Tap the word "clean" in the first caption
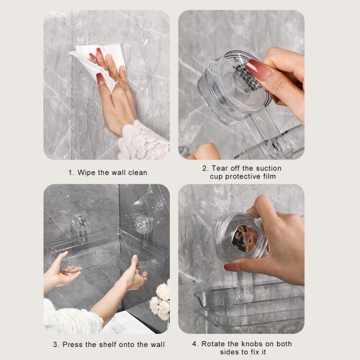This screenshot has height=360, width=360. [x=138, y=172]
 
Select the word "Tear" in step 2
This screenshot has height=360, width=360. [x=220, y=168]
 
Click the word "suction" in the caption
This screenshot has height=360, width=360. [x=269, y=168]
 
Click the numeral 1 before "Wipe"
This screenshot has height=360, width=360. [x=71, y=172]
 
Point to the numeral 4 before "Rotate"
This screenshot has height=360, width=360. [x=195, y=344]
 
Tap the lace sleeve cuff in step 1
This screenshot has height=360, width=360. [x=142, y=142]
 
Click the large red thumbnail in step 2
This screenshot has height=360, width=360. [x=257, y=69]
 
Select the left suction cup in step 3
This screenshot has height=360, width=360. [x=80, y=221]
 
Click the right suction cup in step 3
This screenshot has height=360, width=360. [x=144, y=223]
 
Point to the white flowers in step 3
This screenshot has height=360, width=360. [x=161, y=300]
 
